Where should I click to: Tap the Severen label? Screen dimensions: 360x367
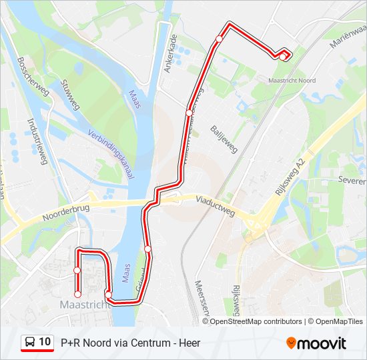point(351,180)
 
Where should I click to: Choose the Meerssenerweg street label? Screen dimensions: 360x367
point(202,297)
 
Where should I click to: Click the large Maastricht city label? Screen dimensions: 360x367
point(84,305)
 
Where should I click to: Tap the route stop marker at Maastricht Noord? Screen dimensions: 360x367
point(283,57)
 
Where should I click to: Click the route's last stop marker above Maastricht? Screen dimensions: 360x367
point(77,293)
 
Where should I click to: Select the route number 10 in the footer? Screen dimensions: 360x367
point(45,342)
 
